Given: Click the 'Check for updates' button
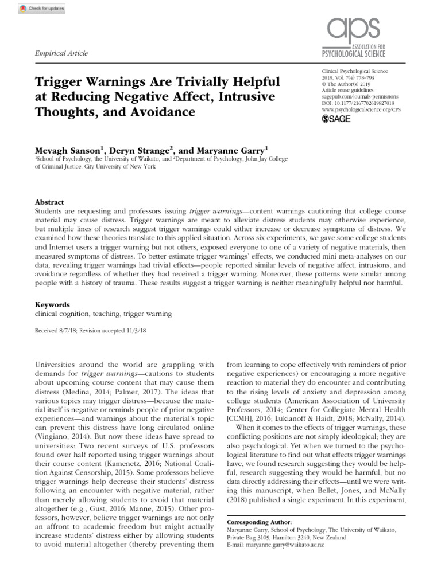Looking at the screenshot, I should (x=35, y=9).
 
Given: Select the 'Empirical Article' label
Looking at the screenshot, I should (x=62, y=53).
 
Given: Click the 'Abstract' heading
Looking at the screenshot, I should (x=49, y=202).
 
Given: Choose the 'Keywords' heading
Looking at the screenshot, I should (x=52, y=305).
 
